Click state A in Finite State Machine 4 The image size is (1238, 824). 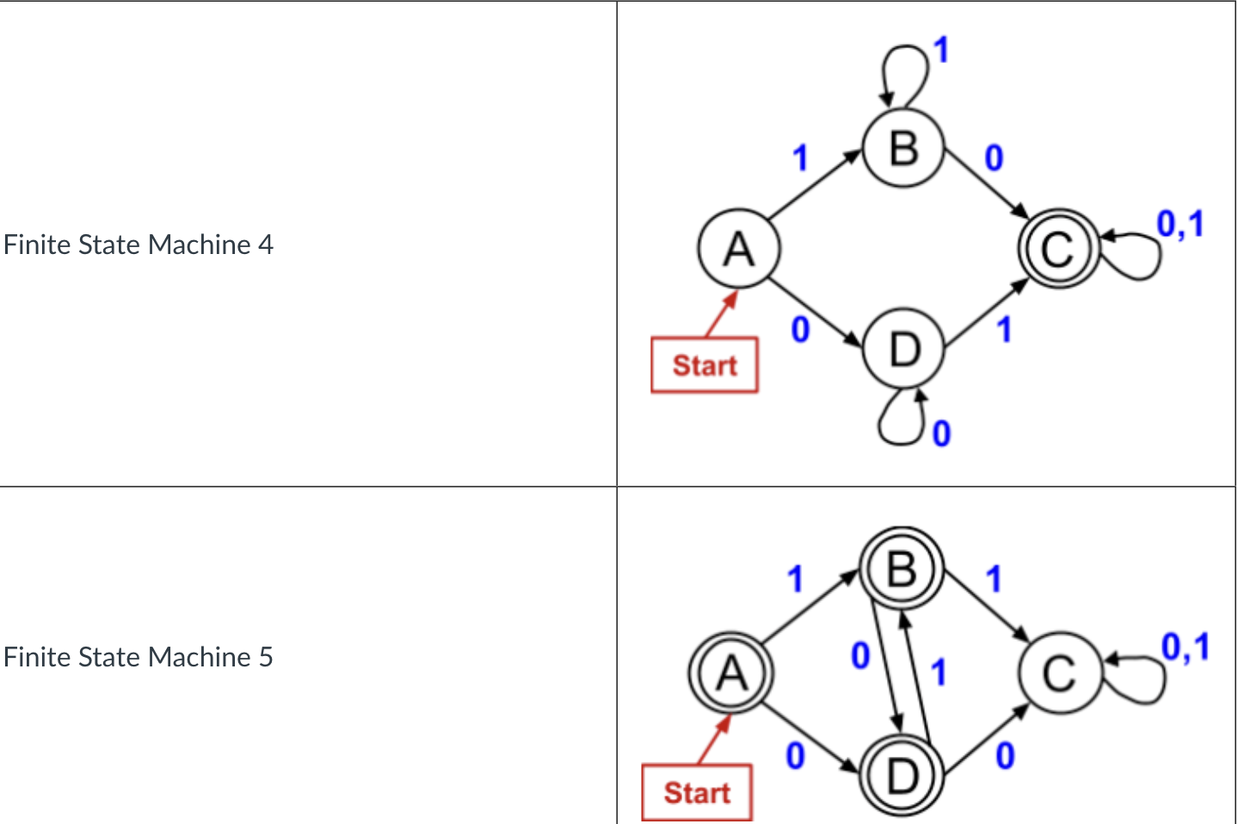[x=739, y=250]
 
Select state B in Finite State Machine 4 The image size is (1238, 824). [x=903, y=148]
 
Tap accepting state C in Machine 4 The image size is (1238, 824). [x=1058, y=250]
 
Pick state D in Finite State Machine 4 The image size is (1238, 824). [x=904, y=350]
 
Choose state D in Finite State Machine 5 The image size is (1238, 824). [x=902, y=775]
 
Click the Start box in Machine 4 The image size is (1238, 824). [x=705, y=365]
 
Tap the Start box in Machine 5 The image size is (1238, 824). [x=697, y=792]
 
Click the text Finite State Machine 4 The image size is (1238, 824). [x=139, y=245]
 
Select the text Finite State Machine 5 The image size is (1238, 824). [x=139, y=657]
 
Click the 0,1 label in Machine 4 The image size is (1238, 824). [x=1179, y=224]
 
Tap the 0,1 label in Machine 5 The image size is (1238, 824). [x=1185, y=647]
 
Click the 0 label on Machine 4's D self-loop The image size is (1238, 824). [x=942, y=433]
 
